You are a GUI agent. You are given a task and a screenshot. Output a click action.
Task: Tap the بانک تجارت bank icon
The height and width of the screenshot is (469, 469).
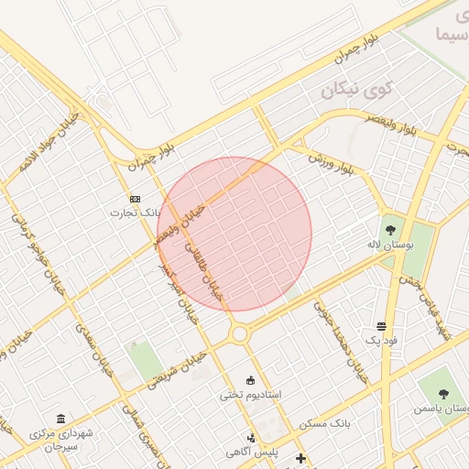(136, 199)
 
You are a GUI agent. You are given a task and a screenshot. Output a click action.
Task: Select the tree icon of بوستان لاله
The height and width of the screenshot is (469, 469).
(391, 229)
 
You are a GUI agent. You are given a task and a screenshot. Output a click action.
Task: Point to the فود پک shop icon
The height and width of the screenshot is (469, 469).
(381, 326)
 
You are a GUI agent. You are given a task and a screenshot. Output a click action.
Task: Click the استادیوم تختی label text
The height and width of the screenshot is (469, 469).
(250, 395)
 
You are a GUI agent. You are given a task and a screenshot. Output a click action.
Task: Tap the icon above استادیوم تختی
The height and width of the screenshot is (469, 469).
(251, 380)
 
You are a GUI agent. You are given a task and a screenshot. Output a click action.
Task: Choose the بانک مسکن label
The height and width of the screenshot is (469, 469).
(325, 424)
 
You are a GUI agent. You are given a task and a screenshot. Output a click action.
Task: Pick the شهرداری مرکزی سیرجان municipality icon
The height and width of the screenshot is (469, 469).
(61, 419)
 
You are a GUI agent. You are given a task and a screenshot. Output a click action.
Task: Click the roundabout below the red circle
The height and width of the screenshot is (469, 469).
(240, 334)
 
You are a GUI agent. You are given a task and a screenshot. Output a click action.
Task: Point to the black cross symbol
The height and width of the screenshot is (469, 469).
(299, 457)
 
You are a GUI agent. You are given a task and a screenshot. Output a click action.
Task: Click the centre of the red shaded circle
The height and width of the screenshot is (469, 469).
(234, 234)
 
